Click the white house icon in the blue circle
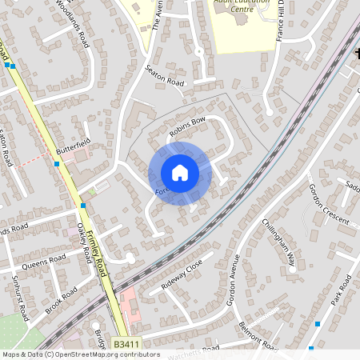180,173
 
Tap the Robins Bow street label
188,126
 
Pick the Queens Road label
44,261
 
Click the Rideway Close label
182,274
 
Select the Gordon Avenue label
234,280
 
